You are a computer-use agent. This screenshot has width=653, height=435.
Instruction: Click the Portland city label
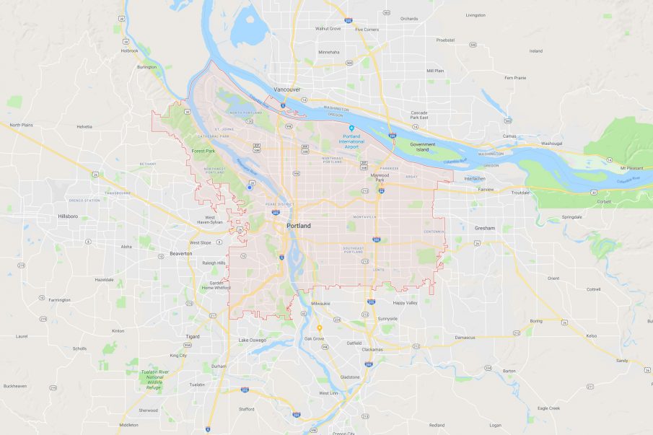299,226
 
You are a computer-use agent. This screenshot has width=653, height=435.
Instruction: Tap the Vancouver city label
286,89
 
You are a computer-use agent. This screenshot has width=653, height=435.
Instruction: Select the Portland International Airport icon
351,128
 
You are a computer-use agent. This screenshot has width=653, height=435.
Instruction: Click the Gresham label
485,228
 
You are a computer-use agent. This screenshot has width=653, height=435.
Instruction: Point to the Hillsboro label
68,216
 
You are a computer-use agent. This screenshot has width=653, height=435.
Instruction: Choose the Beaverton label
180,253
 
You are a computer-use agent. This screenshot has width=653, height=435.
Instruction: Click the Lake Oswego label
253,340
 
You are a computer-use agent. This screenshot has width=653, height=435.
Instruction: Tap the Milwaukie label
320,304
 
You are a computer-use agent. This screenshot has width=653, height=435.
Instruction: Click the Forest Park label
204,151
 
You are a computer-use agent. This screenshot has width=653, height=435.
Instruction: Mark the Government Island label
423,148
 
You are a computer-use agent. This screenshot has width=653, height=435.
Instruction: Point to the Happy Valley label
405,303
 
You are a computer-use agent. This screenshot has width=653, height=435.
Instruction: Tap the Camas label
509,136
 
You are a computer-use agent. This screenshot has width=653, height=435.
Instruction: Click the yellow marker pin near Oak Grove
320,328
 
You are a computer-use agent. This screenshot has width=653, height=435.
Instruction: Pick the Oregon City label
344,433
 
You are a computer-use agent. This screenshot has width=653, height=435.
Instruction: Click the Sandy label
621,359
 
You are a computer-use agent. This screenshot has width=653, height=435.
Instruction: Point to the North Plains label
21,125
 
